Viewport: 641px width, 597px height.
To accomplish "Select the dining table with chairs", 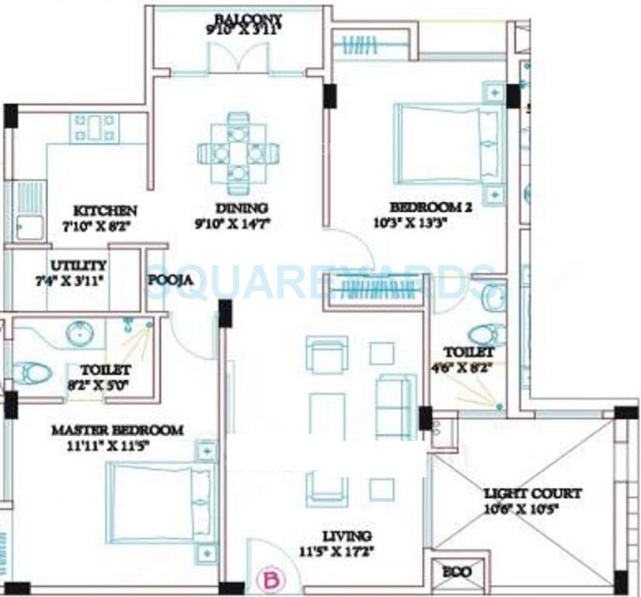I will [238, 153].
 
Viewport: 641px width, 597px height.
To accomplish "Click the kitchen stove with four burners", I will [94, 128].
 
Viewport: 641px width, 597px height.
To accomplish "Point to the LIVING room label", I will [347, 536].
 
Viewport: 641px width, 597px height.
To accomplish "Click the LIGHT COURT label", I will [532, 494].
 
